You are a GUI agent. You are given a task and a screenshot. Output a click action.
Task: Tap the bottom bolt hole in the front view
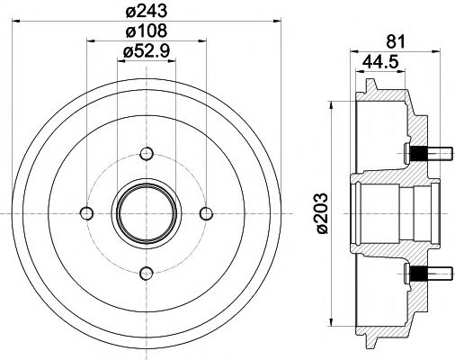tap(146, 271)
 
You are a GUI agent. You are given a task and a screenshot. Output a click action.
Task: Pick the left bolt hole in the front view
tap(86, 212)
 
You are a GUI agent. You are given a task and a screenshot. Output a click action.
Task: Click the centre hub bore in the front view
tap(146, 212)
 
